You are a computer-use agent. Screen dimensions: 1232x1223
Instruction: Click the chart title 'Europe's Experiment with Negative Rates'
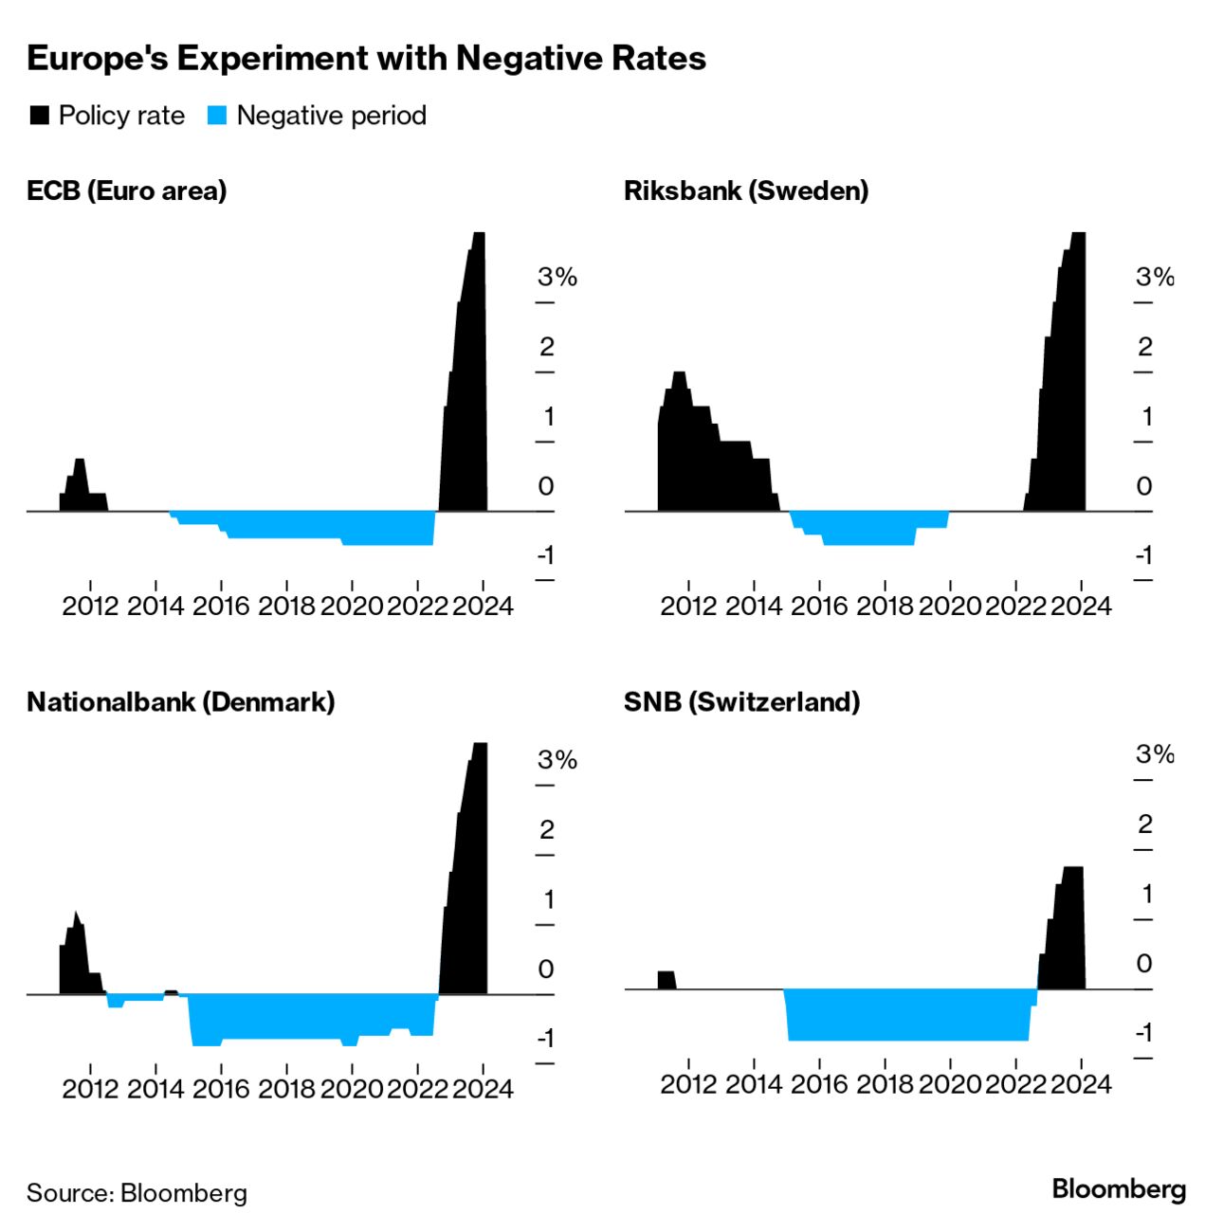[366, 59]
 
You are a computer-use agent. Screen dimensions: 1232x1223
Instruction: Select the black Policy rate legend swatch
[40, 116]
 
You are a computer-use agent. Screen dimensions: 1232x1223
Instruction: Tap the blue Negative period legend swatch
[217, 116]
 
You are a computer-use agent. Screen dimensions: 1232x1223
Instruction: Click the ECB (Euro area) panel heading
[127, 190]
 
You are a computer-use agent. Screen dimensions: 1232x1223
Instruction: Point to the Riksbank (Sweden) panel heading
[746, 190]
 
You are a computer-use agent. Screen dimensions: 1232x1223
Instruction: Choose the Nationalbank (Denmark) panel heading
[181, 702]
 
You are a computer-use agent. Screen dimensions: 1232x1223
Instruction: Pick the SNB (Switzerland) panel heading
[742, 702]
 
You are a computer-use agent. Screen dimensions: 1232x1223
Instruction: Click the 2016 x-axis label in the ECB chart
[221, 606]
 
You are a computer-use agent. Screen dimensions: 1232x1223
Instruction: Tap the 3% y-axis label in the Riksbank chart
[1154, 277]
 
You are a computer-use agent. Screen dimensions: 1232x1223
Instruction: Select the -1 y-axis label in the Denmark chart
[545, 1039]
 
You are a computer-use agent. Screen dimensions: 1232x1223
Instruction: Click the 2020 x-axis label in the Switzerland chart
[949, 1083]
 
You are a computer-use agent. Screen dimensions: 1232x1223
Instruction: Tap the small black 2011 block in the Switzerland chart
[666, 980]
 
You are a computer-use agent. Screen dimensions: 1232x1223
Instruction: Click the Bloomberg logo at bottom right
[1119, 1189]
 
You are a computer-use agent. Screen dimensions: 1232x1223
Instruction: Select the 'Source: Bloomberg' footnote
[137, 1192]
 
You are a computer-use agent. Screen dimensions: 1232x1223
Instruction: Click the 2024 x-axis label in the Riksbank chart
[1081, 606]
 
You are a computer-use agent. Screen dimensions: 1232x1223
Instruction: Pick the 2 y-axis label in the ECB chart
[546, 347]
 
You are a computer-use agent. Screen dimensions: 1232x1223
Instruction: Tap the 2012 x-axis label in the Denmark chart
[91, 1088]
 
